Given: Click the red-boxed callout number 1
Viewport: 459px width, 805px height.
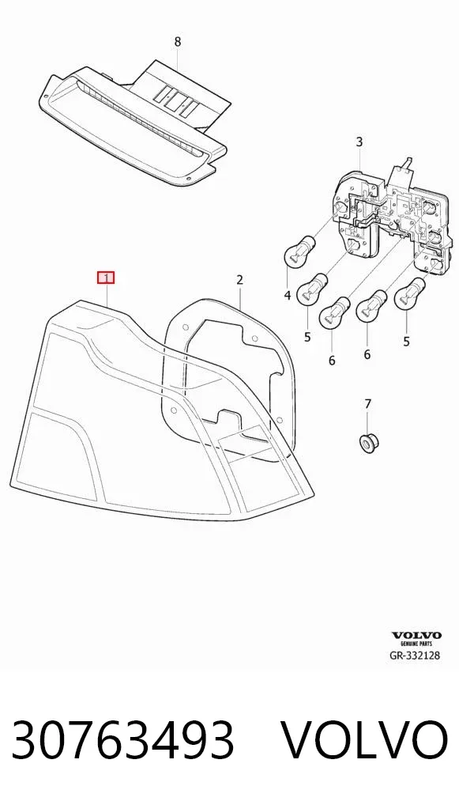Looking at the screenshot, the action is pos(106,278).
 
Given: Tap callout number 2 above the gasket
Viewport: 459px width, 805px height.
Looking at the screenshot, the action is pos(239,280).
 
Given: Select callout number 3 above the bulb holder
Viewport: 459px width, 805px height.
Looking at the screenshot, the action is pos(359,142).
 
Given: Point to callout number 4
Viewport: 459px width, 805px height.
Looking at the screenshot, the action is pos(288,295).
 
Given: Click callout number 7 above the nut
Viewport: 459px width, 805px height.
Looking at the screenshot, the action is pos(367,404).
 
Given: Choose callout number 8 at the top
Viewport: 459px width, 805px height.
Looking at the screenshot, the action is pos(178,42).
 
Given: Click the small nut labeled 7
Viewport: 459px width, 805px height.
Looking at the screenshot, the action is pos(367,443).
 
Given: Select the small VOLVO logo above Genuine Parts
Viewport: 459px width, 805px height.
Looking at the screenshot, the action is pos(416,636).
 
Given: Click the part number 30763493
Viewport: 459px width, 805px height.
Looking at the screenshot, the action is pos(123,739).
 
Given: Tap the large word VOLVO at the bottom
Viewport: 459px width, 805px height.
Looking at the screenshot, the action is pos(364,739).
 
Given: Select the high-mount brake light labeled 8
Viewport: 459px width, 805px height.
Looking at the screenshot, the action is pos(134,123).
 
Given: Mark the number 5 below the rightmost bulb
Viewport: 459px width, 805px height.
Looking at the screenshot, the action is pos(406,341).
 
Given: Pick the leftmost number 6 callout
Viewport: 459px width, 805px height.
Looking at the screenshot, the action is pos(332,361).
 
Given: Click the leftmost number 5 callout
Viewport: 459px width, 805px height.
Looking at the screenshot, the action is pos(307,338).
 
